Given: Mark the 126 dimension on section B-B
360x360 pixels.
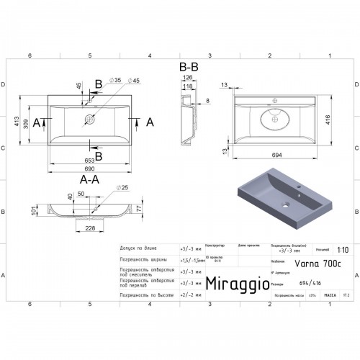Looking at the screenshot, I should pos(188,77).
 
